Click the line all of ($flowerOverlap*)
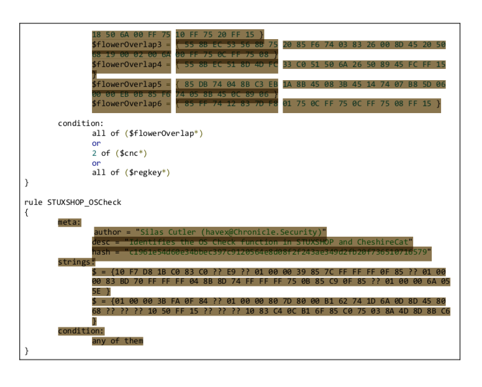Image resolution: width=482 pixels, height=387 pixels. pos(147,133)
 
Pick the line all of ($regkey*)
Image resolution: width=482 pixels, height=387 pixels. pos(130,172)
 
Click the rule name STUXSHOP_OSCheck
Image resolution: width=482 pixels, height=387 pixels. pos(84,202)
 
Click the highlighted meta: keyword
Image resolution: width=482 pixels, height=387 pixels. pos(70,222)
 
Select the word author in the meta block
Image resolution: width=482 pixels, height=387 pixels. pos(109,232)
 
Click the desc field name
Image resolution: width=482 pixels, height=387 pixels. pos(102,242)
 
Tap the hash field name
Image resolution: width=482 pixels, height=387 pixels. pos(102,252)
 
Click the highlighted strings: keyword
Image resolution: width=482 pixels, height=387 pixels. pos(76,262)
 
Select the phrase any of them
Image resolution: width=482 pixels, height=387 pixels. pos(117,340)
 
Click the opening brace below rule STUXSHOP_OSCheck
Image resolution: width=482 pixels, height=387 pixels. pos(27,212)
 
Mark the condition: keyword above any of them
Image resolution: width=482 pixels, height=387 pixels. pos(81,330)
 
